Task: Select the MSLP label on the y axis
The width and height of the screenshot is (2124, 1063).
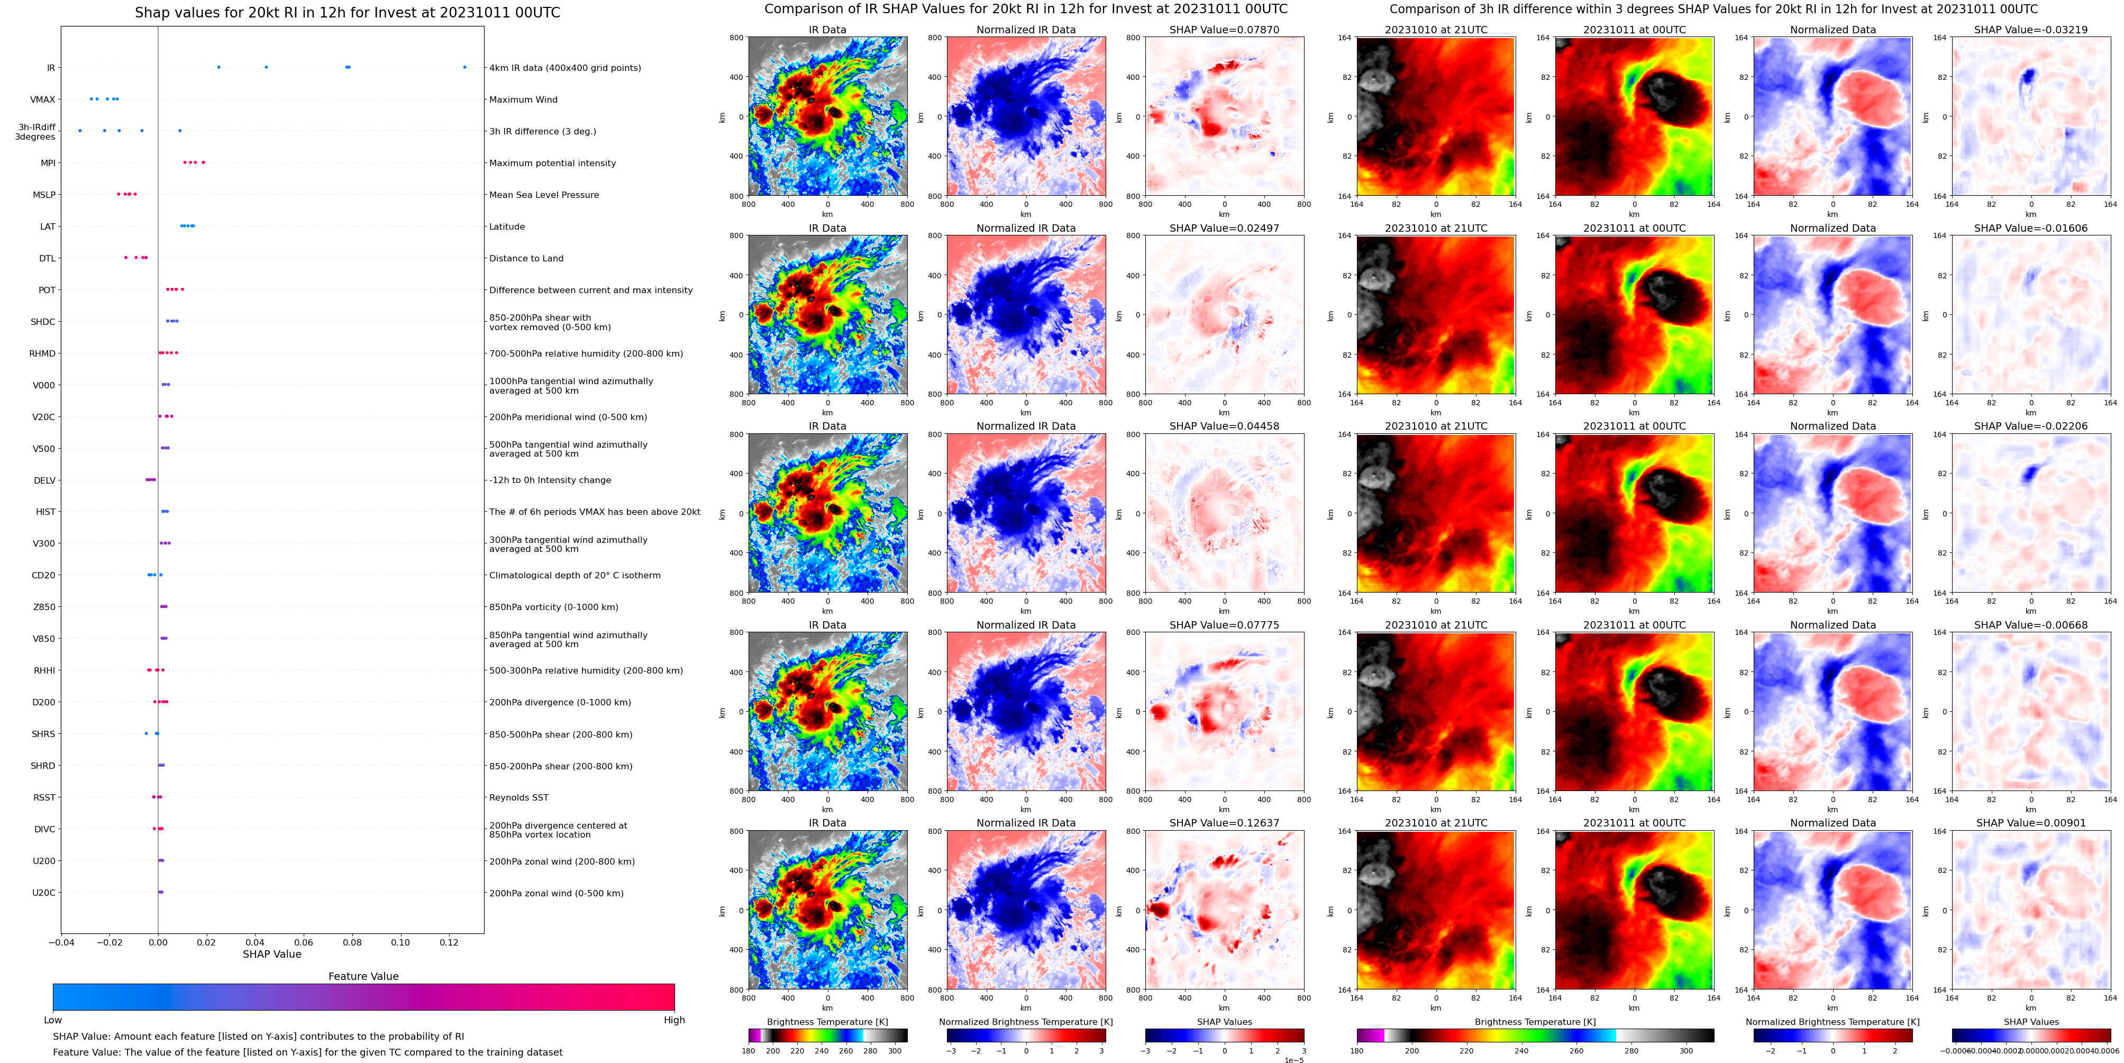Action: pos(44,195)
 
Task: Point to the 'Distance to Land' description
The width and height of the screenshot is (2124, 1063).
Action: pos(526,259)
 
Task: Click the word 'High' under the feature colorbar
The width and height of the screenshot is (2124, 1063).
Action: pos(673,1020)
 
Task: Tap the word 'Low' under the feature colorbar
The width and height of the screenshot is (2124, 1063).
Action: pos(53,1020)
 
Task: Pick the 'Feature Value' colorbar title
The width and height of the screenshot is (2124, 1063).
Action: pos(363,976)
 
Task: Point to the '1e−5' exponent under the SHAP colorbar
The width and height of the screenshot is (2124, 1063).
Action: pos(1293,1060)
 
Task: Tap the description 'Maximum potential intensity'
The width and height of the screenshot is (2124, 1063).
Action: pos(552,163)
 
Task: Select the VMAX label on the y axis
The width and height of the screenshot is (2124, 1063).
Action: pos(43,100)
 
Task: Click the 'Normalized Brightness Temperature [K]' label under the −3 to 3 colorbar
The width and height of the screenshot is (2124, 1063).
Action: pos(1026,1022)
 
